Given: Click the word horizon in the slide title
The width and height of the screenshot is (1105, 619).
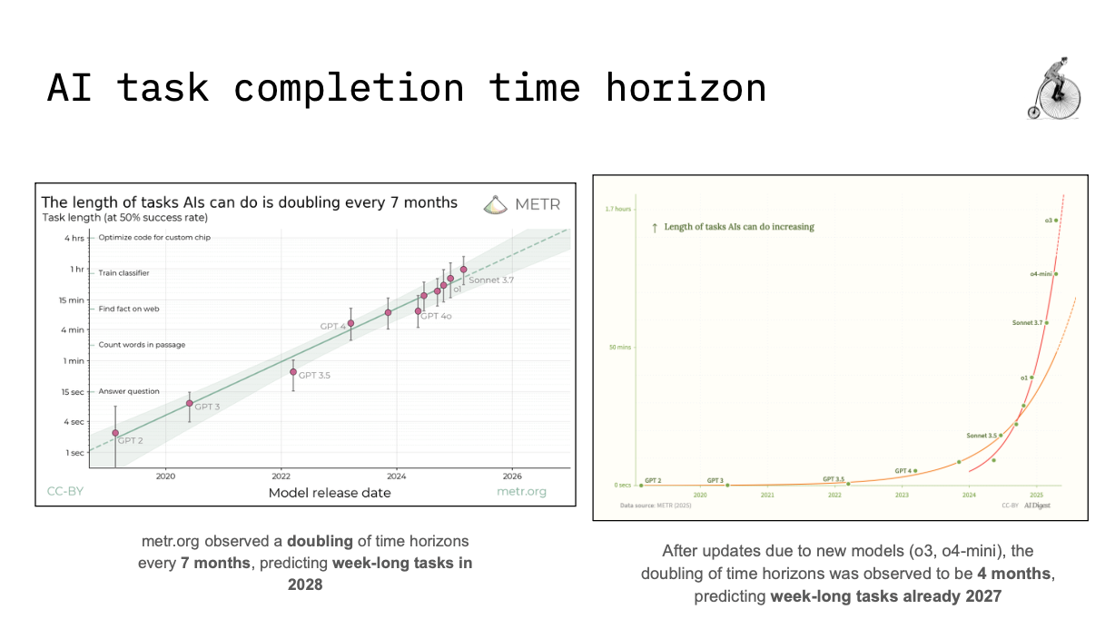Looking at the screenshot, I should coord(686,88).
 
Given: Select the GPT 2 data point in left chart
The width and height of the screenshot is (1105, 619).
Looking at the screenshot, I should coord(115,433).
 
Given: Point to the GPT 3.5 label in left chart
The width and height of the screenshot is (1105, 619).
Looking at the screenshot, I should coord(314,375).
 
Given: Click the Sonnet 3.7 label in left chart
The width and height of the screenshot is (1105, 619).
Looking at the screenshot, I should coord(491,280).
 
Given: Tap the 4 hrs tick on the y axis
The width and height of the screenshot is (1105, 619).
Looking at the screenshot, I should coord(74,238).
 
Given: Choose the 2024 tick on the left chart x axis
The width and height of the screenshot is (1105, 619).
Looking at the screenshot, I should coord(396,476).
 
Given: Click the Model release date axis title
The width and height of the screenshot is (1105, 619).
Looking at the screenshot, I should coord(330,493).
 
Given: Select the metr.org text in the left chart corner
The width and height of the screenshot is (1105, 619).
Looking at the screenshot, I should coord(521,492).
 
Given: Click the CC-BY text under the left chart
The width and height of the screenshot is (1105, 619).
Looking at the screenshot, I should coord(60,492).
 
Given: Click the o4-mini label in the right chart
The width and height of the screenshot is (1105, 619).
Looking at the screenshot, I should coord(1041,273).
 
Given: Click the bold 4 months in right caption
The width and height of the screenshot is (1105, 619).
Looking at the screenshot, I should coord(1015,574).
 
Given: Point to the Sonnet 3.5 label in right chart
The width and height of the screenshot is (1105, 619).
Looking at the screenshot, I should coord(982,436).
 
